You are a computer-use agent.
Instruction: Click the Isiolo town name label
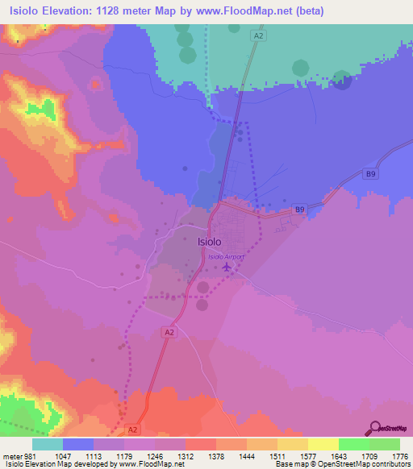(x=210, y=241)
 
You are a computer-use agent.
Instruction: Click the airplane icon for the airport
(x=227, y=266)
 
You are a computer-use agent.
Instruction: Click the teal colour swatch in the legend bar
(x=48, y=445)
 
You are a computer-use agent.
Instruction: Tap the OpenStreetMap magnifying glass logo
(x=375, y=428)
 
